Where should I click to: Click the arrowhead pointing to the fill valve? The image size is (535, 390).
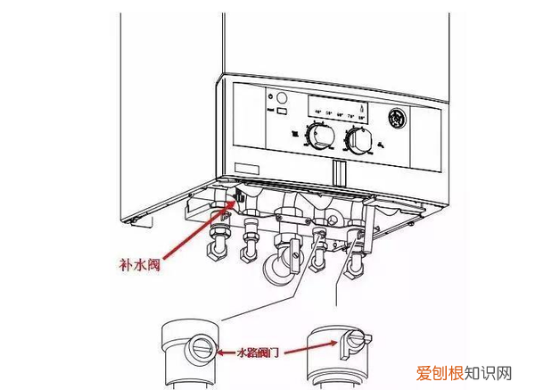coord(235,201)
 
